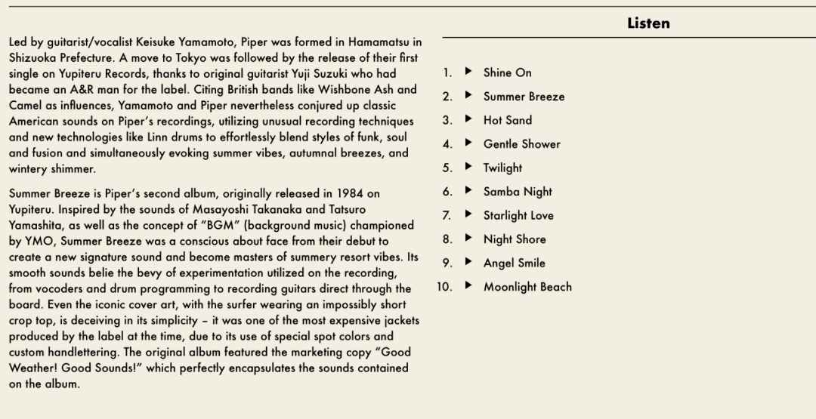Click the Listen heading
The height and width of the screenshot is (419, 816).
(x=648, y=23)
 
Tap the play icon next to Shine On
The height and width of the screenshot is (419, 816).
(x=468, y=72)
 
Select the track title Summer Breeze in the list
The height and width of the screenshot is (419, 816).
(x=524, y=97)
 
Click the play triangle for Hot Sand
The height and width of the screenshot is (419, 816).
(x=468, y=120)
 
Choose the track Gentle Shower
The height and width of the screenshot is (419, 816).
(x=521, y=144)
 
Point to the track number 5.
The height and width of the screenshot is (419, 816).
(x=447, y=168)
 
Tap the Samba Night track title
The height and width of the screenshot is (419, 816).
(x=518, y=192)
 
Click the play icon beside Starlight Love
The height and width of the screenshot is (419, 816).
(x=468, y=215)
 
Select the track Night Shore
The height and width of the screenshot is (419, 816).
(x=515, y=239)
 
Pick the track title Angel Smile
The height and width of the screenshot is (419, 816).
(x=514, y=263)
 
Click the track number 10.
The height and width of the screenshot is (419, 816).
(x=444, y=287)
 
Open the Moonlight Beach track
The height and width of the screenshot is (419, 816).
(x=527, y=287)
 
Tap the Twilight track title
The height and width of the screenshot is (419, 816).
(x=502, y=168)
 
